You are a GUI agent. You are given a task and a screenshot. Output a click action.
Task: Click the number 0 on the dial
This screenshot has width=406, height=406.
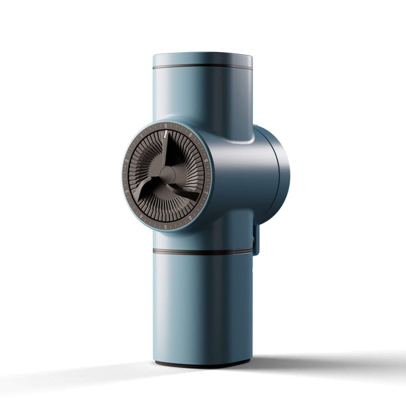(x=166, y=125)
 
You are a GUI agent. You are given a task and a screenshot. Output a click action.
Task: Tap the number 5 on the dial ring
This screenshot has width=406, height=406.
(x=165, y=226)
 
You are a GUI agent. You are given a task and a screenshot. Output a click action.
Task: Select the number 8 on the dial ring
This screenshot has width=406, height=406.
(x=206, y=160)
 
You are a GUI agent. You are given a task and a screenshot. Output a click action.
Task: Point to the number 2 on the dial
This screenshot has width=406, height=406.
(x=127, y=160)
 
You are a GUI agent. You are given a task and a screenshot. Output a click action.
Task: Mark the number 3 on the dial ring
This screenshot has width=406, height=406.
(x=127, y=191)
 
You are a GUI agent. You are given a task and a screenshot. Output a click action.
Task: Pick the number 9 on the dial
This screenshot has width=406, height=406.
(x=190, y=135)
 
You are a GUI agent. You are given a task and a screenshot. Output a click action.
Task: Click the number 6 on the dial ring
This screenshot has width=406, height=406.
(x=190, y=218)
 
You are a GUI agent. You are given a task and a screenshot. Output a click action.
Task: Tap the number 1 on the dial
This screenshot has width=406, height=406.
(x=141, y=136)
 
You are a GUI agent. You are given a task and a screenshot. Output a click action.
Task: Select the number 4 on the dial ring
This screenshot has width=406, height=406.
(x=141, y=216)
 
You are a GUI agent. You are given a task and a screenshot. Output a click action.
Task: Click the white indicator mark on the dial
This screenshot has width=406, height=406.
(x=165, y=134)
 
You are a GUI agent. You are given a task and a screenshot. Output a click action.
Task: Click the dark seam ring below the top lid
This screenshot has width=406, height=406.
(x=202, y=66)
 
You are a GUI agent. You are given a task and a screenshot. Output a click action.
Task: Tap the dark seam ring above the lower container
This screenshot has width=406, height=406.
(x=202, y=252)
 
